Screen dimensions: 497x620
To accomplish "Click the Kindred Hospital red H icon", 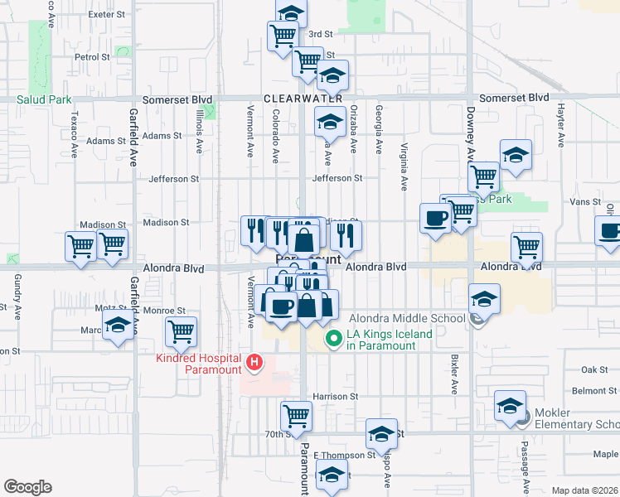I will pyautogui.click(x=255, y=362).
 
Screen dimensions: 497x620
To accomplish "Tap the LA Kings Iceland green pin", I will pyautogui.click(x=334, y=338).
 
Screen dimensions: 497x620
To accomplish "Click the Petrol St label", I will pyautogui.click(x=92, y=58).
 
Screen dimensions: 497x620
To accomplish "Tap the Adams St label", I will pyautogui.click(x=162, y=136).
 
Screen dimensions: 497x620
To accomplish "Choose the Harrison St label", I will pyautogui.click(x=335, y=397).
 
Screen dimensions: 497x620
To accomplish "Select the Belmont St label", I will pyautogui.click(x=589, y=391).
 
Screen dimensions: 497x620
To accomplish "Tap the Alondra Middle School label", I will pyautogui.click(x=407, y=318).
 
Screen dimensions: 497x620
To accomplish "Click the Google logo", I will pyautogui.click(x=27, y=486).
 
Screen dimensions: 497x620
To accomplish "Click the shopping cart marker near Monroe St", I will pyautogui.click(x=181, y=331).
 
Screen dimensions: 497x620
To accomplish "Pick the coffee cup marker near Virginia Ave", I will pyautogui.click(x=434, y=218).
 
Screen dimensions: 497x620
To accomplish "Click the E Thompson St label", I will pyautogui.click(x=346, y=456).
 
